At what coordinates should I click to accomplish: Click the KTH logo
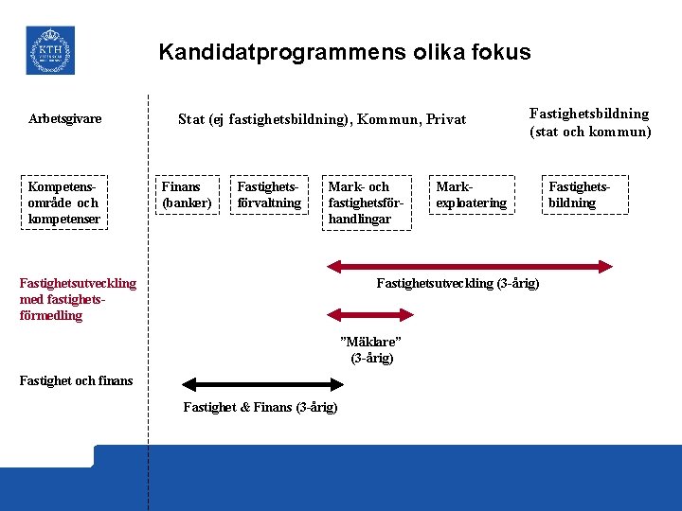pos(50,50)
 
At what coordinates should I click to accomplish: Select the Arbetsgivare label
pos(65,119)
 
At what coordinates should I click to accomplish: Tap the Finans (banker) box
pos(188,195)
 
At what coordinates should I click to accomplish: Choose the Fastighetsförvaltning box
pos(269,195)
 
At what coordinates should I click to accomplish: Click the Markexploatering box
pos(471,195)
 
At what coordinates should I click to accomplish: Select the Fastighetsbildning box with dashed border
pos(579,195)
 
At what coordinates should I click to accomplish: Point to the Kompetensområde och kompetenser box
pos(63,203)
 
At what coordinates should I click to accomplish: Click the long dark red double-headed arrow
pos(469,267)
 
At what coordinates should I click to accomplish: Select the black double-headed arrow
pos(263,384)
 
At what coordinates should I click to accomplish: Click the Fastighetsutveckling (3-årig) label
pos(458,284)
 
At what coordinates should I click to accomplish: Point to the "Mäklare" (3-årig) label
pos(371,349)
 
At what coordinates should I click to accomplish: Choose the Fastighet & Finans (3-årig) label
pos(260,407)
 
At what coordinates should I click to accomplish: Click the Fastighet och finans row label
pos(77,380)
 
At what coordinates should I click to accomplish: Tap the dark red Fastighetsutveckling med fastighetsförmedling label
pos(78,299)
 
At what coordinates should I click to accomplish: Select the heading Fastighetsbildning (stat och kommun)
pos(589,123)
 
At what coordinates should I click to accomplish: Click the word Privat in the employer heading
pos(446,119)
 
